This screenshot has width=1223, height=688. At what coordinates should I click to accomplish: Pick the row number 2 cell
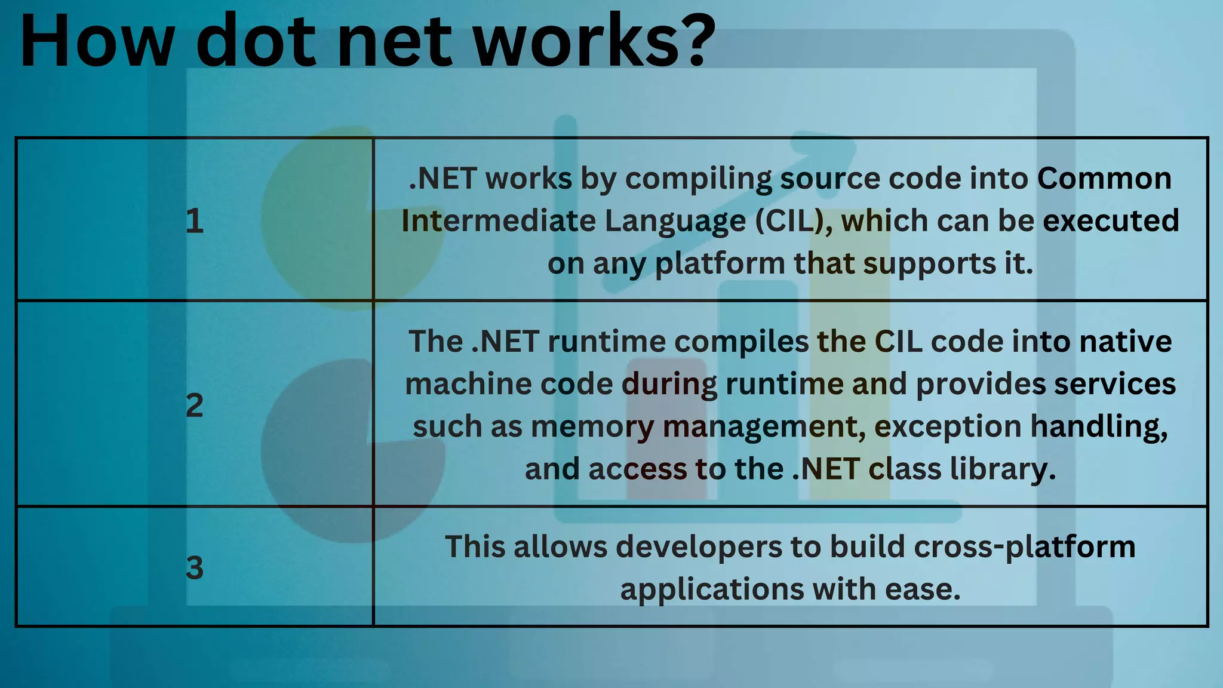click(194, 405)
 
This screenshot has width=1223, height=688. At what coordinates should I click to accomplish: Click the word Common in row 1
click(1104, 179)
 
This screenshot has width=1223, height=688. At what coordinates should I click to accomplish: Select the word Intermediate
click(499, 221)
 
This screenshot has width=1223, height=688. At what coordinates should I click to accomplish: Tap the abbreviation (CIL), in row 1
click(794, 221)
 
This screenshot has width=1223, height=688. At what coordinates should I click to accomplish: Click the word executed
click(1111, 221)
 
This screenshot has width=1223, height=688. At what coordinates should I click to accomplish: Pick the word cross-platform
click(1024, 546)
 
